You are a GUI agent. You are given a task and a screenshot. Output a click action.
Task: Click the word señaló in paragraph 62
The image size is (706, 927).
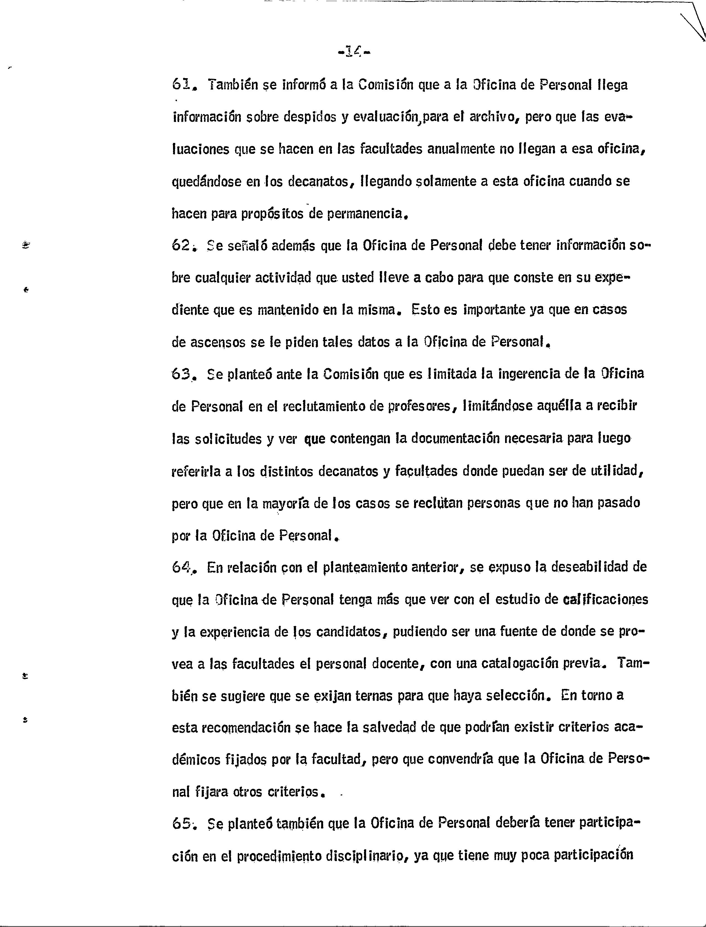click(246, 246)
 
